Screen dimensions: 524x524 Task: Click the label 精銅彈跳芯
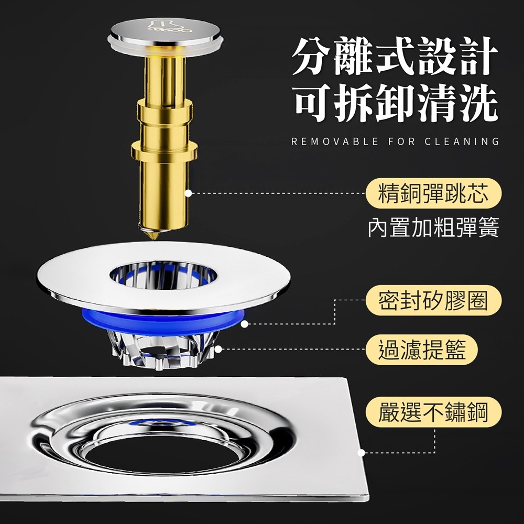(x=433, y=194)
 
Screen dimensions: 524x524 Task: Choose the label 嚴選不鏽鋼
(x=433, y=412)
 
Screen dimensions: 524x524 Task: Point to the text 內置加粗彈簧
(x=433, y=228)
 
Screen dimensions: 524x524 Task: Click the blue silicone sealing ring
(x=162, y=320)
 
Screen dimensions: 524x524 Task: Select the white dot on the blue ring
(x=244, y=324)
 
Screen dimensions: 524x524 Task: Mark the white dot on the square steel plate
(x=361, y=452)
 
